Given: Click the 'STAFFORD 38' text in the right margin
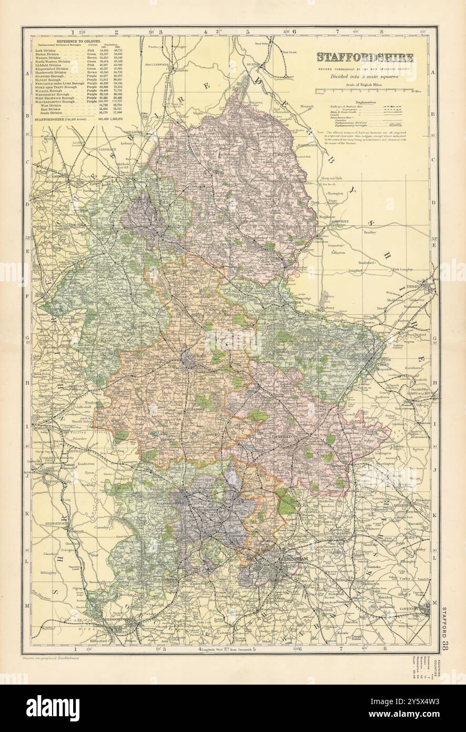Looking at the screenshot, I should click(x=445, y=619).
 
